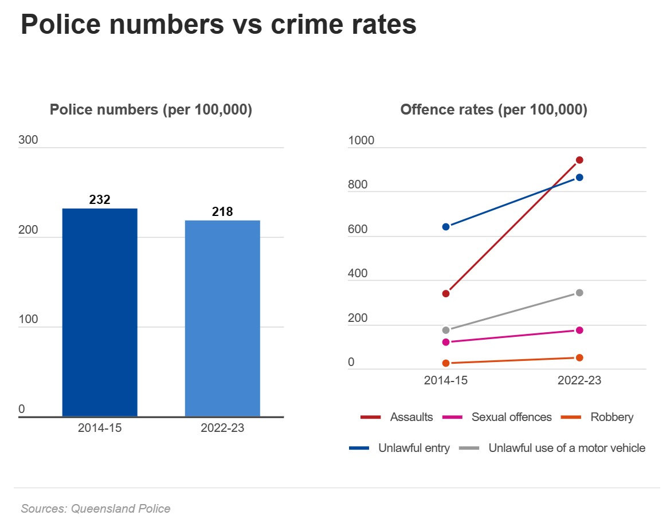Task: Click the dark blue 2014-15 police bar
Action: click(x=100, y=312)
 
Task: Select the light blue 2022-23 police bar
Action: click(x=222, y=318)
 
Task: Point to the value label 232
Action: click(x=100, y=200)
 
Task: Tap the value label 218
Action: click(x=222, y=212)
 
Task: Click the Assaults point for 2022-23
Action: click(x=579, y=160)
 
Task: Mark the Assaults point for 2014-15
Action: click(x=446, y=293)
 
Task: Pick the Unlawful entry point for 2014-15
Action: click(x=446, y=227)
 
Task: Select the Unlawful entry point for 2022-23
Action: click(x=579, y=177)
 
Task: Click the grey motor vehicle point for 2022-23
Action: click(x=579, y=293)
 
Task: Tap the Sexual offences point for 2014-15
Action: click(x=446, y=342)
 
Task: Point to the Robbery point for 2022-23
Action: click(x=579, y=357)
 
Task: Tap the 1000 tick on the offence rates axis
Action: click(x=361, y=140)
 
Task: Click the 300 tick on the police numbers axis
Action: click(x=28, y=140)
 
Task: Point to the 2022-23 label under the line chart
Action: click(x=579, y=380)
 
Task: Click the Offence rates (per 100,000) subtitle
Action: click(x=493, y=109)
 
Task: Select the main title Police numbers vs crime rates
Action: click(x=218, y=25)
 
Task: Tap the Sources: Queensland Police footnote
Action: click(x=96, y=508)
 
